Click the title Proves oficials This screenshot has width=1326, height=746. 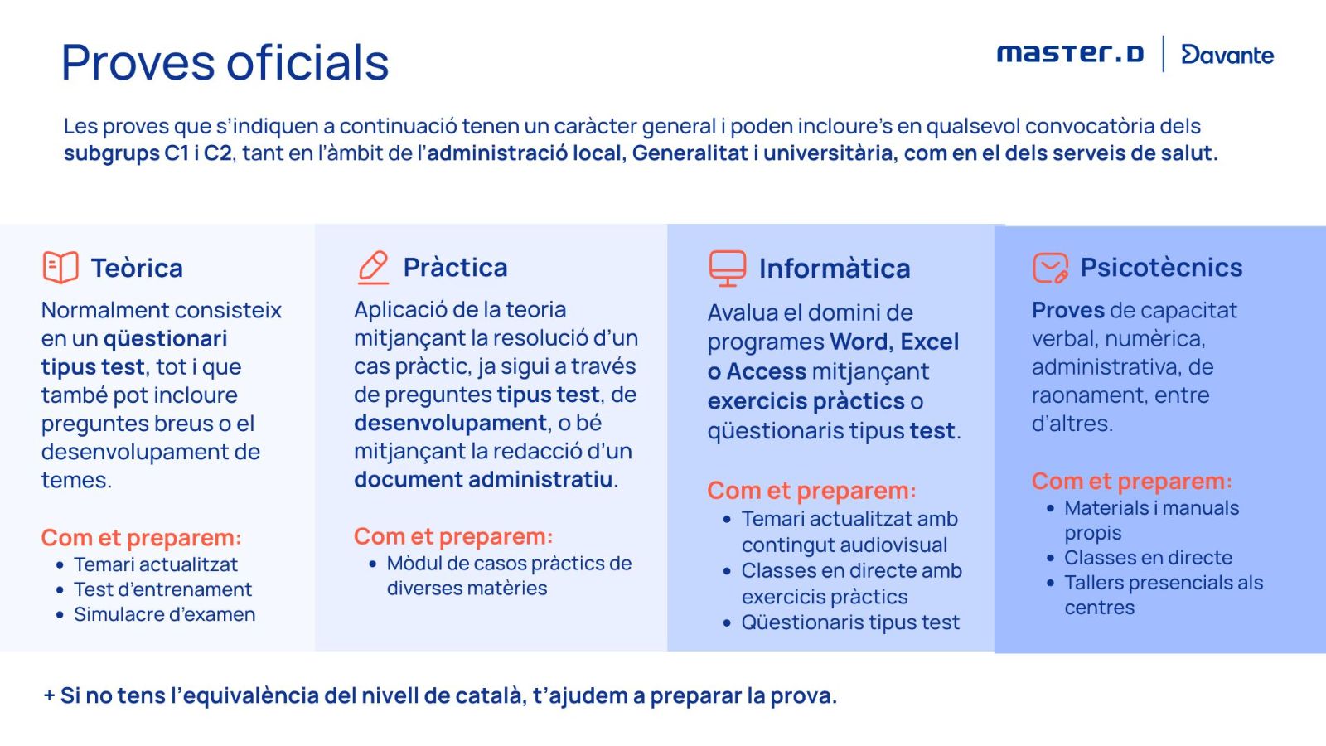[225, 63]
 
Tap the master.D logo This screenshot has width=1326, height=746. [1070, 53]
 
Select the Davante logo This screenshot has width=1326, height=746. [1227, 54]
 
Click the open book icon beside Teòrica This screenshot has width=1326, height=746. [60, 267]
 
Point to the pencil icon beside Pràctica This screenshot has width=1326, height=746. [373, 268]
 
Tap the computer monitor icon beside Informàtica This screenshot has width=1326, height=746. [728, 269]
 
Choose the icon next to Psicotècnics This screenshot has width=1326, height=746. [1051, 269]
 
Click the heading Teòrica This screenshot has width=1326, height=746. [137, 269]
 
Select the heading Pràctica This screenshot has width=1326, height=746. [455, 268]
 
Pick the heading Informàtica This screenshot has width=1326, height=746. [835, 269]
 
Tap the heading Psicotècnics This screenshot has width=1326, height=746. [1161, 268]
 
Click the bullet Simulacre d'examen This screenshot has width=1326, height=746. [165, 614]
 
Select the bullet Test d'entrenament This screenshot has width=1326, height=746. [162, 589]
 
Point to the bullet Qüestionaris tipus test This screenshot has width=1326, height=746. [850, 622]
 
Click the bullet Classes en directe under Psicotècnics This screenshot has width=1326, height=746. [1149, 558]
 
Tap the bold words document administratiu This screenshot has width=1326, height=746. [483, 480]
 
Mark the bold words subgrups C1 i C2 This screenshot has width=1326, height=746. [148, 153]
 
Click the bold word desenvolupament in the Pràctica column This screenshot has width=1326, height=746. [450, 424]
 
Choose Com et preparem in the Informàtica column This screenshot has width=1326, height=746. [811, 491]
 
